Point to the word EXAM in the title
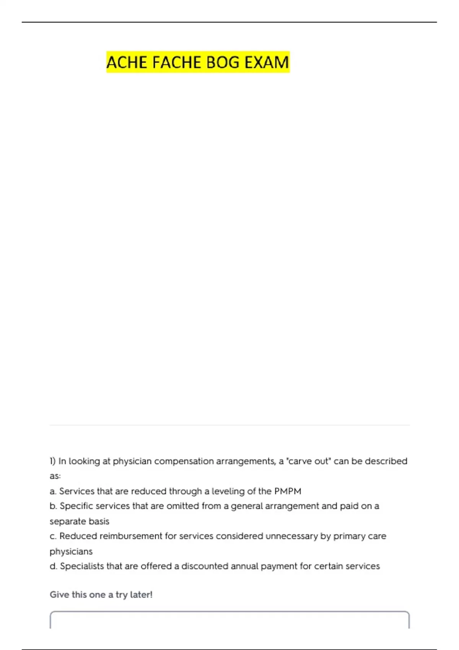click(x=267, y=62)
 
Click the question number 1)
click(x=53, y=461)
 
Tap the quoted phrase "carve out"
click(x=309, y=461)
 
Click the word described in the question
click(x=386, y=461)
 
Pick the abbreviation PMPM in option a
click(x=288, y=491)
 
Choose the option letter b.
click(x=53, y=506)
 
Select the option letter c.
click(x=53, y=536)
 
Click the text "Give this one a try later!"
click(x=101, y=595)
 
